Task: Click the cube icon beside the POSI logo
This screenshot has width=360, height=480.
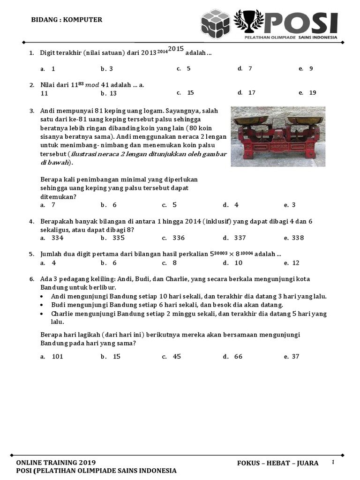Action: click(x=216, y=23)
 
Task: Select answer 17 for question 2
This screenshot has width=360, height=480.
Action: click(x=252, y=92)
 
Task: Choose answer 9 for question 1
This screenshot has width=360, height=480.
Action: click(x=311, y=68)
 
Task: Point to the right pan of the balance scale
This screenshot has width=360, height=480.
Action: click(x=306, y=120)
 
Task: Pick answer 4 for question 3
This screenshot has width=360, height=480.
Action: click(x=236, y=205)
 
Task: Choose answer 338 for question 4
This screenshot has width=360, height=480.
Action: click(x=298, y=238)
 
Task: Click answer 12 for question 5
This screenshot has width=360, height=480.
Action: click(x=295, y=263)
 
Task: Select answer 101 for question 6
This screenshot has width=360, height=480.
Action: click(x=57, y=357)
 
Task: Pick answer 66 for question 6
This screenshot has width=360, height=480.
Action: click(x=238, y=357)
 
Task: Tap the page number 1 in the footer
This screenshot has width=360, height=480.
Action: click(x=333, y=462)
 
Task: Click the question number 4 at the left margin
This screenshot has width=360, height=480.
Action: click(x=31, y=221)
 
